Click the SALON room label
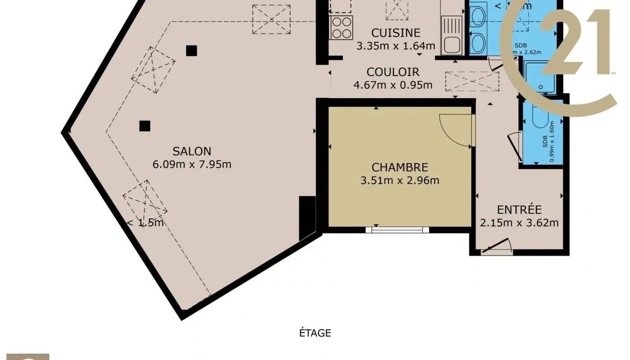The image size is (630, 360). [192, 151]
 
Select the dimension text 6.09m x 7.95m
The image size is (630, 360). [192, 164]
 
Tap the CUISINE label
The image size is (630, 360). [396, 33]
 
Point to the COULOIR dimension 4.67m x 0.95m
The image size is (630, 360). [393, 85]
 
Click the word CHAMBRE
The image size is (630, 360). [400, 167]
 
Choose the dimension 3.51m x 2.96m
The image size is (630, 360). [400, 180]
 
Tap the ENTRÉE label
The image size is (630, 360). [519, 210]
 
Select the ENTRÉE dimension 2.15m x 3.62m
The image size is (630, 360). [519, 223]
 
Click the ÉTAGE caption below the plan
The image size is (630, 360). [315, 333]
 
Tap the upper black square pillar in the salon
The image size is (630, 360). [191, 51]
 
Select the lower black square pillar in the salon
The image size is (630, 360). [144, 126]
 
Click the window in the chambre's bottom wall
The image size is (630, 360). [397, 229]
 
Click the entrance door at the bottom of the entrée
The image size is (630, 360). [496, 248]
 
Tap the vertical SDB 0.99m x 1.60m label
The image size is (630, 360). [548, 141]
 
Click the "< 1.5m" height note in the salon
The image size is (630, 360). [145, 223]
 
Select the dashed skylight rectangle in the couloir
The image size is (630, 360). [472, 82]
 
